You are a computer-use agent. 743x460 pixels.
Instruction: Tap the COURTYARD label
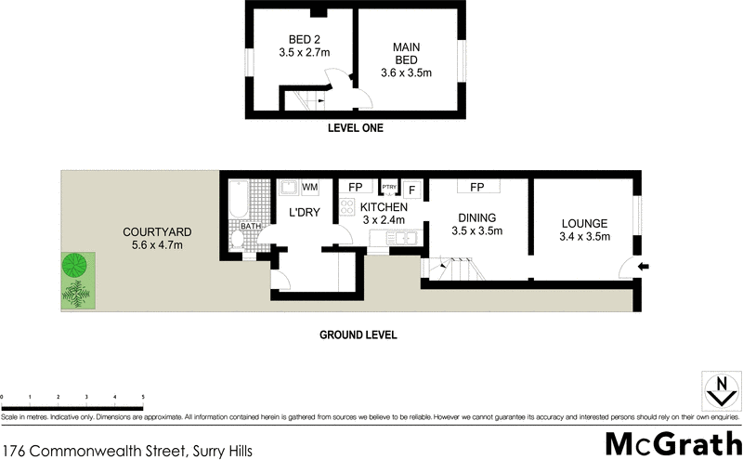158,238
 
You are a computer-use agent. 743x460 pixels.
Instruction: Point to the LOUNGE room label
584,230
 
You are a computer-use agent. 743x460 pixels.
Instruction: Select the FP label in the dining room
477,188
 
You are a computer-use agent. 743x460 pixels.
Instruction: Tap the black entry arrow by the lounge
645,268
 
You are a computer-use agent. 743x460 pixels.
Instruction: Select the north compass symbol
720,391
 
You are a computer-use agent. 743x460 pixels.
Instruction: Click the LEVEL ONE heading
355,129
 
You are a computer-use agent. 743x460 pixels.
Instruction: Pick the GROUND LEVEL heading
358,335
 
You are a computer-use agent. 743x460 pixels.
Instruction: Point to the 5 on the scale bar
143,397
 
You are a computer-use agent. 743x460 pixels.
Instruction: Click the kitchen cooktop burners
346,210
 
